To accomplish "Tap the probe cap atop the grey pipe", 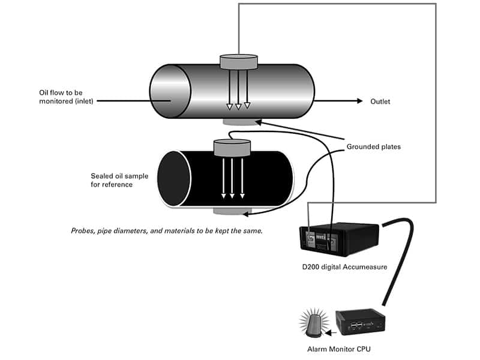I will pos(239,61).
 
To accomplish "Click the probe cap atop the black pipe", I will pos(232,145).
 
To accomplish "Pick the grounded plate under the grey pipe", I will pos(239,122).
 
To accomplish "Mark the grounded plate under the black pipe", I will pos(232,211).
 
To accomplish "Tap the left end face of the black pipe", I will pos(174,179).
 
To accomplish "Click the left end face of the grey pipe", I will pos(170,94).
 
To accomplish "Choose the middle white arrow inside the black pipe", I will pos(233,178).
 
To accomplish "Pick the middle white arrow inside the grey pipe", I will pos(238,90).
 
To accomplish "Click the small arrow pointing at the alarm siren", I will pos(326,329).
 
